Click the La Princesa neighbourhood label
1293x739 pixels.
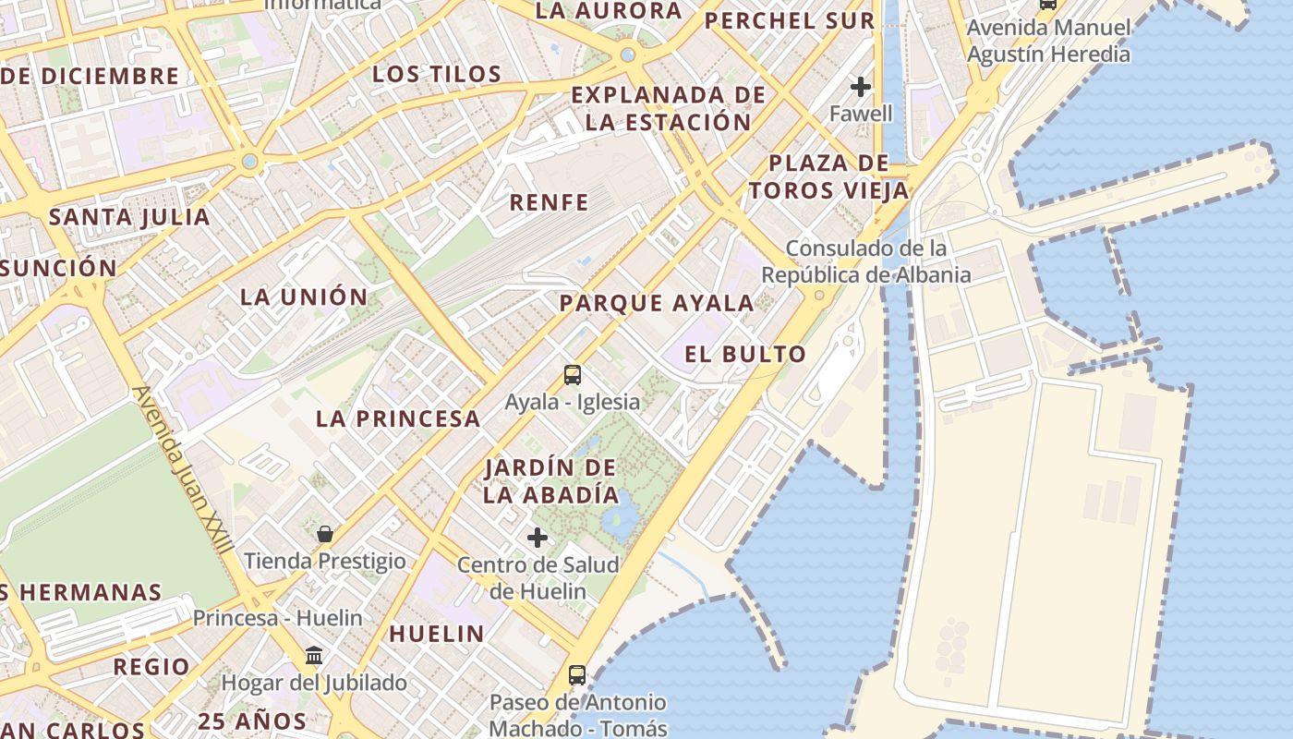(398, 418)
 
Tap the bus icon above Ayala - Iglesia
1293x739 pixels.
(573, 375)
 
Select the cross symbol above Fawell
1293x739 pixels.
(861, 88)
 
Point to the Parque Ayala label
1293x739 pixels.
(657, 303)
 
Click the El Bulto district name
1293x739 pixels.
(745, 354)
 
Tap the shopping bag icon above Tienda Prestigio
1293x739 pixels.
(325, 534)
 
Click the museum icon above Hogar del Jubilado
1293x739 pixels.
(314, 655)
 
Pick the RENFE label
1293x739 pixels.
(550, 202)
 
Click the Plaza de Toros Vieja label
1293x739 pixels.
(828, 177)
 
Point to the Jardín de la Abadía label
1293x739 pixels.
(551, 481)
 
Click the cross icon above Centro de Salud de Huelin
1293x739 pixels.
(538, 538)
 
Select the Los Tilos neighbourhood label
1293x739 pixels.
(437, 74)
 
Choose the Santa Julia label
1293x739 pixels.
(129, 217)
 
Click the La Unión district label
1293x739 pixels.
(304, 297)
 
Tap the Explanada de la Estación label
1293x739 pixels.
(669, 108)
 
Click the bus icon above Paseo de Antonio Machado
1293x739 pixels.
(577, 675)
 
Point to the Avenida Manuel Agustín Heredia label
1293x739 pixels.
(1048, 41)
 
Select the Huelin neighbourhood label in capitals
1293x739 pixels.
(437, 634)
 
